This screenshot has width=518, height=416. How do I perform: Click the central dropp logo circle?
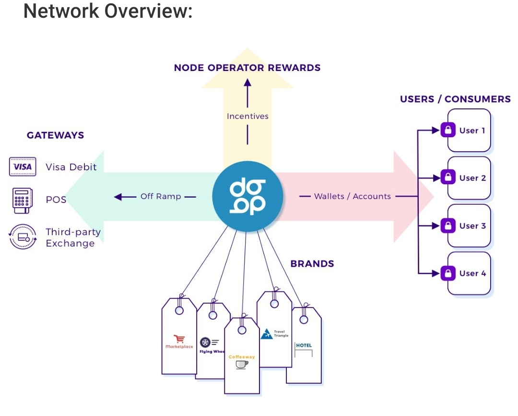tap(247, 197)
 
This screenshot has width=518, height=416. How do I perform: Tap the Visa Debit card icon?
tap(23, 167)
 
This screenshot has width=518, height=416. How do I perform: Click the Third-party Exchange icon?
tap(23, 237)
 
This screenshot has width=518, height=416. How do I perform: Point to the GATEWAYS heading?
tap(55, 135)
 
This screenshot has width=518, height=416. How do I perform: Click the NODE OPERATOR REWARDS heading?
tap(247, 68)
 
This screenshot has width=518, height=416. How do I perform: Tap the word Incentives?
tap(247, 116)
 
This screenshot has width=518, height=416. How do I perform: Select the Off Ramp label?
tap(161, 197)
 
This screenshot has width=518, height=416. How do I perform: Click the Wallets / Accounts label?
tap(352, 196)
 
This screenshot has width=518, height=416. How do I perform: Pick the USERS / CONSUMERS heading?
tap(455, 99)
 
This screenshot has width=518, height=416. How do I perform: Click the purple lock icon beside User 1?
tap(447, 131)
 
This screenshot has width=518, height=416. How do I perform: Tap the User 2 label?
tap(472, 178)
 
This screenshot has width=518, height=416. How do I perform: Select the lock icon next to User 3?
tap(447, 226)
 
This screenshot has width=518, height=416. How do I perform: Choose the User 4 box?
tap(469, 273)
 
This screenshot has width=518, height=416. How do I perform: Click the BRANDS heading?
tap(312, 264)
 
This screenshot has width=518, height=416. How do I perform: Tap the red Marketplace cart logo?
tap(179, 339)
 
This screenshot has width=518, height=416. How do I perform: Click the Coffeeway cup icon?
tap(242, 365)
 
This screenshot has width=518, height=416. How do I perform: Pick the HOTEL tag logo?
tap(304, 348)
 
